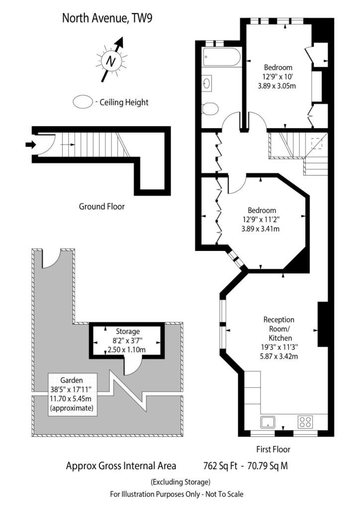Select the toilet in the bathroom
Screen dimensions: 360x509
point(209,109)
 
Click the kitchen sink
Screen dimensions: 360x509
point(268,422)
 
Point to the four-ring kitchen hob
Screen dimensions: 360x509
point(305,422)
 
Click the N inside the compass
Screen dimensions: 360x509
point(111,61)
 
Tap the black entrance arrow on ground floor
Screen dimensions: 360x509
point(30,145)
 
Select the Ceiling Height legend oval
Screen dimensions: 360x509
point(83,102)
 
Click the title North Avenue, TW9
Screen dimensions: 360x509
point(107,18)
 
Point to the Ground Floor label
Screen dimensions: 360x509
point(101,206)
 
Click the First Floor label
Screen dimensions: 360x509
point(273,449)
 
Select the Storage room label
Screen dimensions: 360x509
point(128,332)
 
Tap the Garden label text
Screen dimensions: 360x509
point(72,380)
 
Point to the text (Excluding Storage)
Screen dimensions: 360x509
point(180,482)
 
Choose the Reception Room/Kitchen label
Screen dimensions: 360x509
point(279,329)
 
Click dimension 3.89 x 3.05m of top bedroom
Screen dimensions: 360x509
point(277,86)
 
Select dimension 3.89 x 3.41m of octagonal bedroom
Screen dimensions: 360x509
point(261,229)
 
